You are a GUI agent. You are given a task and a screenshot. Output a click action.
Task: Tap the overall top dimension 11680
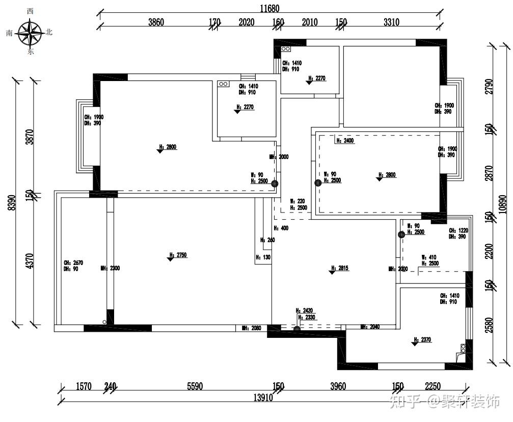[269, 9]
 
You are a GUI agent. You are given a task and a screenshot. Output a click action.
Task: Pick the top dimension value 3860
[156, 22]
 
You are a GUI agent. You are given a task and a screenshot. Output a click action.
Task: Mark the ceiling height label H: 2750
[179, 255]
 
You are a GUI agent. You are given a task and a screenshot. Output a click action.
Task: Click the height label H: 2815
[340, 268]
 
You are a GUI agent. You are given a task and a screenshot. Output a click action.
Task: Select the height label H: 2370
[423, 339]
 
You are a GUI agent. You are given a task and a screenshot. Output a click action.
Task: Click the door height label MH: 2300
[110, 268]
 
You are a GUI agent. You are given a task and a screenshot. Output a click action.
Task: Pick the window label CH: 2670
[73, 263]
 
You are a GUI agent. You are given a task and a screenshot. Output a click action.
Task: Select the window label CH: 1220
[458, 230]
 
